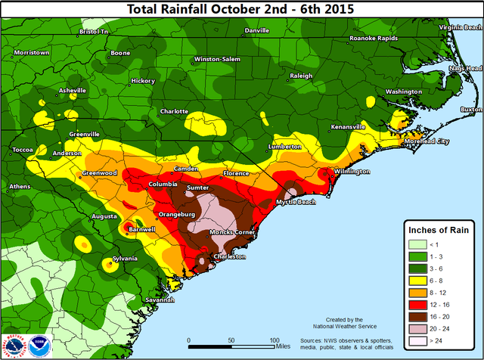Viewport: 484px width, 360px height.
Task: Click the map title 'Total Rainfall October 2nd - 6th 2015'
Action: pos(242,9)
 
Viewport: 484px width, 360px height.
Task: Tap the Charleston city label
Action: pos(230,257)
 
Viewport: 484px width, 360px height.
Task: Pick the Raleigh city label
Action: pos(301,76)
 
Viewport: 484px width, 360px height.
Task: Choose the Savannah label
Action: pos(160,300)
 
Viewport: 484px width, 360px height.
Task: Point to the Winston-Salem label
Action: pos(216,59)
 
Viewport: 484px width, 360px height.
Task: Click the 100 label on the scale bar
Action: pos(275,339)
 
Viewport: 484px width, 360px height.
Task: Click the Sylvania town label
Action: pos(125,259)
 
